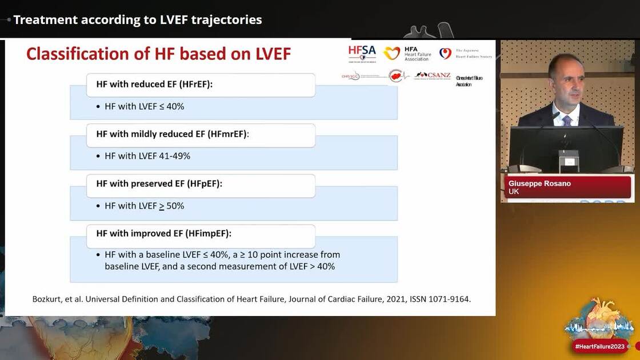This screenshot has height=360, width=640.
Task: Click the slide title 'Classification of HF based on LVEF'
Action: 158,54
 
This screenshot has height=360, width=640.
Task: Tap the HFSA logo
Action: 362,53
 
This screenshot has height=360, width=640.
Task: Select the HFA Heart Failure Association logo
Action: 407,54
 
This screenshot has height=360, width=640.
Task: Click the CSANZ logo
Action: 433,75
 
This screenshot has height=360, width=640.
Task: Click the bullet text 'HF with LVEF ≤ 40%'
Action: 144,106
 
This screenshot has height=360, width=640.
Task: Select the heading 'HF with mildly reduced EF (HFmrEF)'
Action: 172,134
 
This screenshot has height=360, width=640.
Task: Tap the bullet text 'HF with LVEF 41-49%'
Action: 147,156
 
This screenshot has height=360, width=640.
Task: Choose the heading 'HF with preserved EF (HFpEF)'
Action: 159,183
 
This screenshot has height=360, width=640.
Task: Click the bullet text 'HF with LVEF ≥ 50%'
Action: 144,206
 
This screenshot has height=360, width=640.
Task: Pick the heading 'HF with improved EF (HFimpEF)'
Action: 163,233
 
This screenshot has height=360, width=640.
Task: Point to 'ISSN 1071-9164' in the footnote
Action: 440,299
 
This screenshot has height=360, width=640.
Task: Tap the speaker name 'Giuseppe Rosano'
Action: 539,183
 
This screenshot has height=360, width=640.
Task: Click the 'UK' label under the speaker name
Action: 514,191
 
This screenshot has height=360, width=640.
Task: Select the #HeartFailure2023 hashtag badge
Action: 600,346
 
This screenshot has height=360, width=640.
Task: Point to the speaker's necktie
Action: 566,120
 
